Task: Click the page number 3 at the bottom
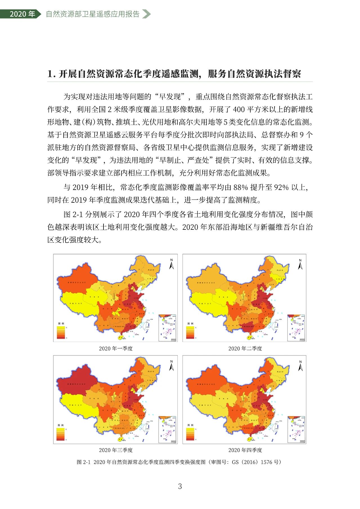point(180,486)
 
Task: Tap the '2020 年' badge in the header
point(22,14)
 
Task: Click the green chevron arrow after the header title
point(146,14)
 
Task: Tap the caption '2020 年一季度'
point(116,348)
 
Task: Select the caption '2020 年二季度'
point(245,348)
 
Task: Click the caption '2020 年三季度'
point(116,450)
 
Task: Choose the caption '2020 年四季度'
point(245,450)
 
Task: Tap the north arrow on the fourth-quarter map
point(300,365)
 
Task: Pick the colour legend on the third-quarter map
point(61,434)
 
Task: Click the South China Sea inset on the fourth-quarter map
point(296,429)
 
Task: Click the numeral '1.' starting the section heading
point(51,74)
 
